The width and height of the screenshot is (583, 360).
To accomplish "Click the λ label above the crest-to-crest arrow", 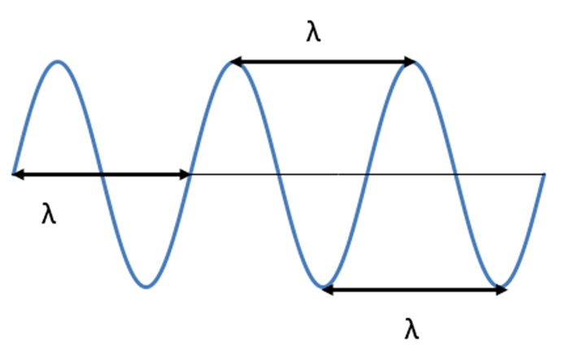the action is click(314, 33).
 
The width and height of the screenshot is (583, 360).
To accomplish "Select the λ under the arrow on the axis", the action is click(49, 215).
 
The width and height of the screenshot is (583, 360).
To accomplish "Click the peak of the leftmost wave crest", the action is click(57, 61).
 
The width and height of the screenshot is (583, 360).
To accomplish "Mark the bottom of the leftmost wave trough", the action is click(145, 286).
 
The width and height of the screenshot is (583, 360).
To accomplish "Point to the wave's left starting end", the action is click(14, 172).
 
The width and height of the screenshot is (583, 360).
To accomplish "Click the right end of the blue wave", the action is click(543, 174).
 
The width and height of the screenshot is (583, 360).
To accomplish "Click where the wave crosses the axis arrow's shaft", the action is click(101, 173).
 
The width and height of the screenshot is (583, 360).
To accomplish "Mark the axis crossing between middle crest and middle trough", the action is click(279, 173).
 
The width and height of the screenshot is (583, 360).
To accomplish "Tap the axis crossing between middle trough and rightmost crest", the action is click(367, 173).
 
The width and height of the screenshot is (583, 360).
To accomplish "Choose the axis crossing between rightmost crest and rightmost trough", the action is click(455, 173).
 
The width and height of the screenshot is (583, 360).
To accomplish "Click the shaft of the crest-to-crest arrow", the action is click(323, 62).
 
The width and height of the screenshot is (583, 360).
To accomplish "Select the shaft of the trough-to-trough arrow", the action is click(415, 288).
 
